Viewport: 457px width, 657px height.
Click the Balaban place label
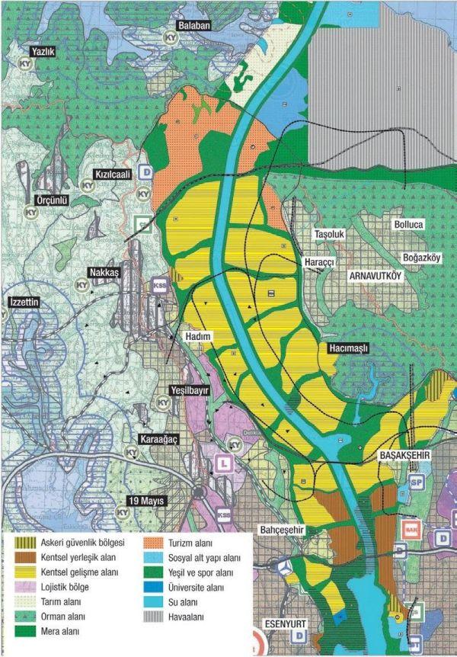[x=193, y=25]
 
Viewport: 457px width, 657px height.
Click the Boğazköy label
[x=422, y=258]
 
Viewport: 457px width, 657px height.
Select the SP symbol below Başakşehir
[x=417, y=482]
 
